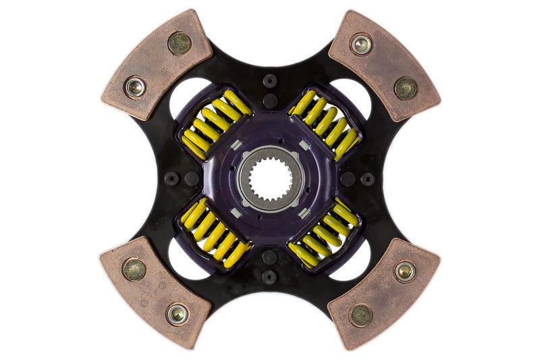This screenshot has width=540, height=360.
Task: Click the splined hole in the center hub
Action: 271,179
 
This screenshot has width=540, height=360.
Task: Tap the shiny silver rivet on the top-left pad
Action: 135,86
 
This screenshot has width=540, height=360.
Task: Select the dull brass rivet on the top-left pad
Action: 179,43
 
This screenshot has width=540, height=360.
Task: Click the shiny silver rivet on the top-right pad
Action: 361,45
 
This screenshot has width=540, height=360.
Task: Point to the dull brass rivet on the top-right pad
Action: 405,87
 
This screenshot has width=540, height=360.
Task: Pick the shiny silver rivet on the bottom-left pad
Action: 178,313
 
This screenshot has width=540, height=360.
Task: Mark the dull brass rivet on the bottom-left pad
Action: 134,269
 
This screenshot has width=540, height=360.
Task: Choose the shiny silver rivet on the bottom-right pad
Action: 404,271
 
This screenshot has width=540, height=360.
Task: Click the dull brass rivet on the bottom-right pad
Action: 360,314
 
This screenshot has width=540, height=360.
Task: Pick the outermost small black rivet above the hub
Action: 270,80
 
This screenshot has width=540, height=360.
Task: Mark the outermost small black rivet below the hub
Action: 270,277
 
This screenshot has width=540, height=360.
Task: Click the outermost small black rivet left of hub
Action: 172,179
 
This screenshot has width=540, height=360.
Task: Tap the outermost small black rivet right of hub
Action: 368,179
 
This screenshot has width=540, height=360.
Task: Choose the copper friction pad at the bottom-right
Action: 383,293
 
